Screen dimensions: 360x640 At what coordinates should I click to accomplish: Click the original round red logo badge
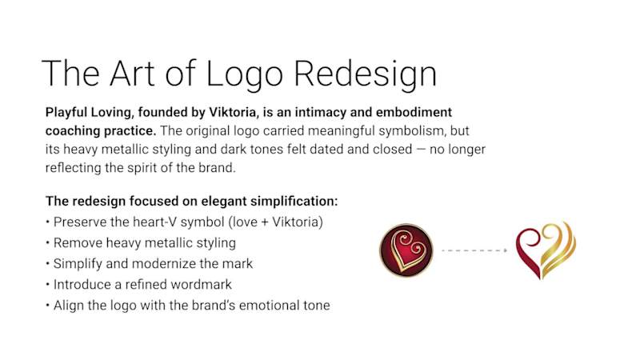(406, 250)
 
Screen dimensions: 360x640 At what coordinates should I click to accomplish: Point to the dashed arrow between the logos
(475, 250)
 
